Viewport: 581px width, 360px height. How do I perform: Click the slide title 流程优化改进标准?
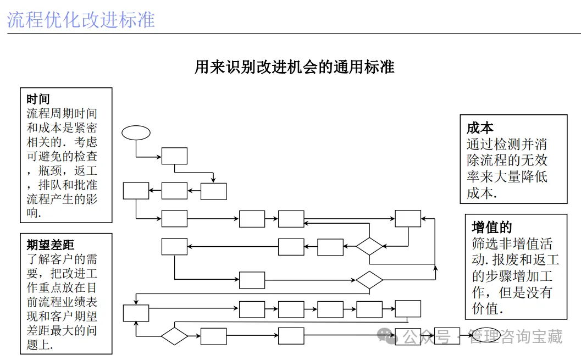click(81, 19)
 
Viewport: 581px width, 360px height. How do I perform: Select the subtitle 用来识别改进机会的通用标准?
click(294, 67)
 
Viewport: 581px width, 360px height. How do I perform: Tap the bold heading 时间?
click(38, 99)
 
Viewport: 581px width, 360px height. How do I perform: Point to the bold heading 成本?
click(480, 129)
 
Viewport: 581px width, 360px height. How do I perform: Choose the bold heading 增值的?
click(492, 227)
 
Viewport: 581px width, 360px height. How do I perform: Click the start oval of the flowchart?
click(136, 132)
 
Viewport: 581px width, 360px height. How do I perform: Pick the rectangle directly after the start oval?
click(174, 156)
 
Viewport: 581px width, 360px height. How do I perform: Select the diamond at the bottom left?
click(174, 335)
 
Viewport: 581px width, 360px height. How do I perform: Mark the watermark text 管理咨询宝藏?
click(515, 336)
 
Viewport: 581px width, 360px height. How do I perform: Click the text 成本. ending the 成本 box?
click(482, 193)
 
